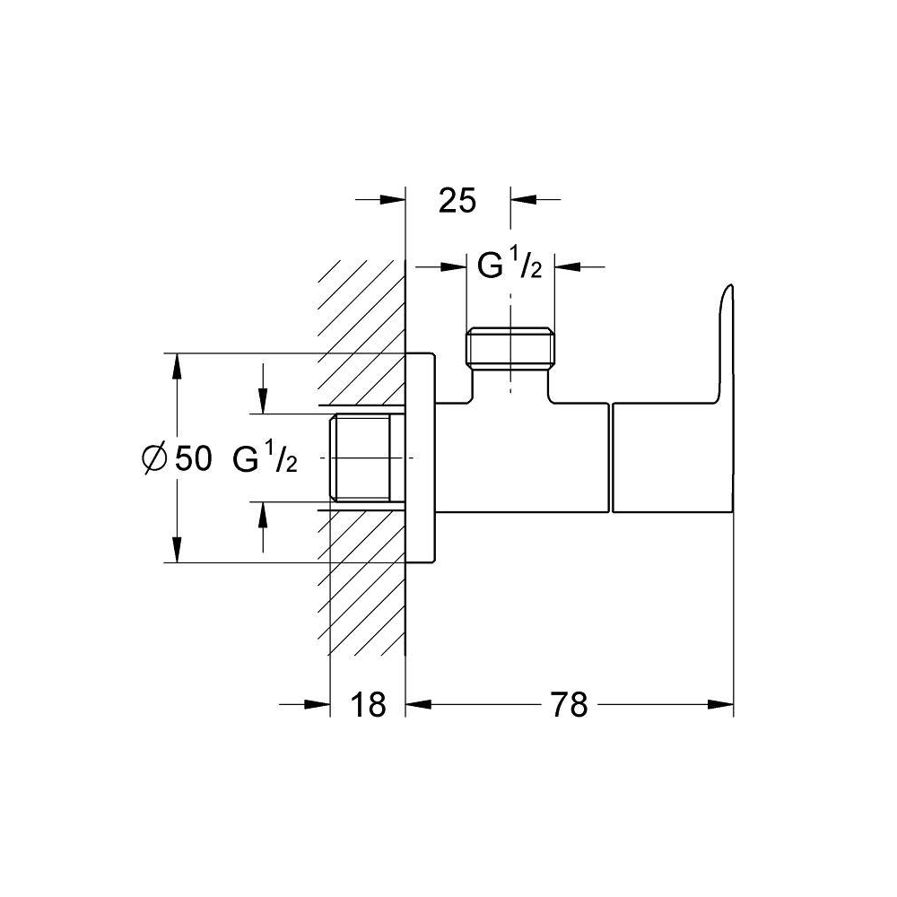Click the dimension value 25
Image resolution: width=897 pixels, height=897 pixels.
[457, 201]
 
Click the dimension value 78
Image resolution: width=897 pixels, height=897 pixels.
[569, 704]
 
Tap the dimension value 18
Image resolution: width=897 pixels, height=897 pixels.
[368, 704]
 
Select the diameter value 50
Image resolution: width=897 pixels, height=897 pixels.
[194, 457]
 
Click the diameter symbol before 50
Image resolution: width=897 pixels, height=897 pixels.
[154, 457]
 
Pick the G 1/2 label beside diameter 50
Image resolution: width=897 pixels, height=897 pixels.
[265, 458]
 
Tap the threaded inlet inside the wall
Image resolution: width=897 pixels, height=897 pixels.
[361, 457]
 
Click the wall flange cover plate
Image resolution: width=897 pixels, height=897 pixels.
[421, 457]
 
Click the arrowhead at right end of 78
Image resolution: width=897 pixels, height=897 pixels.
[721, 704]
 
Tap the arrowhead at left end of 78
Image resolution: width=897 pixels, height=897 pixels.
[418, 704]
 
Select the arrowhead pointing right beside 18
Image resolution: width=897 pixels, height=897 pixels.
[318, 704]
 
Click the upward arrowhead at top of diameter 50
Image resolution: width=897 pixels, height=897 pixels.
[178, 366]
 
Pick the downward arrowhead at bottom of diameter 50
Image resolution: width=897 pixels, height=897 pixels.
[178, 550]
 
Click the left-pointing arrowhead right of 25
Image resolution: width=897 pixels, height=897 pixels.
[524, 199]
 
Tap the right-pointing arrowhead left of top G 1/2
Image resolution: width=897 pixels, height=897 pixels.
[453, 266]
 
